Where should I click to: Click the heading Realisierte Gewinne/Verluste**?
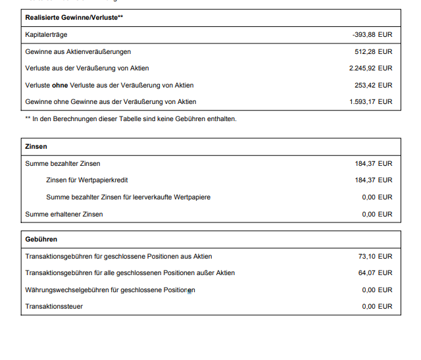point(73,17)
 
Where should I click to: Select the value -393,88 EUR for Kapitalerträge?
point(372,34)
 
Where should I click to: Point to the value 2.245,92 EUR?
point(370,68)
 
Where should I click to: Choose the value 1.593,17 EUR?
point(370,101)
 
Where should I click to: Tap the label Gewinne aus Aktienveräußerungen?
point(78,51)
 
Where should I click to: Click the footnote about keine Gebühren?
point(130,118)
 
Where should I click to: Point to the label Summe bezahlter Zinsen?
point(62,163)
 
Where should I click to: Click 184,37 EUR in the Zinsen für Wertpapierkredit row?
point(373,180)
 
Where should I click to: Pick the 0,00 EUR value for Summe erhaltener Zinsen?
point(377,214)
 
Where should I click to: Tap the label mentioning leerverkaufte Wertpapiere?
point(128,197)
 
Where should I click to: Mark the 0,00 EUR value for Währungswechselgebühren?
point(377,290)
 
